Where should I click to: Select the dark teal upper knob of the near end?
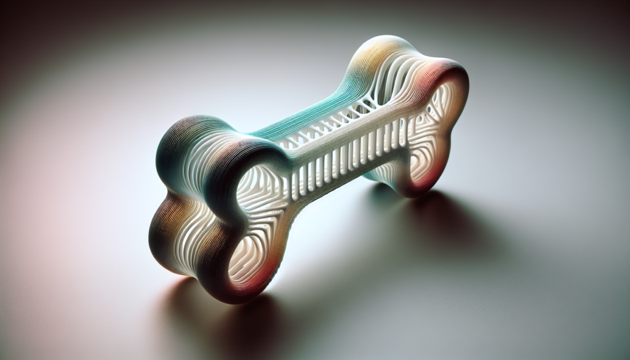click(185, 138)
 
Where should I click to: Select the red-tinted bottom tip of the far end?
click(425, 185)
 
